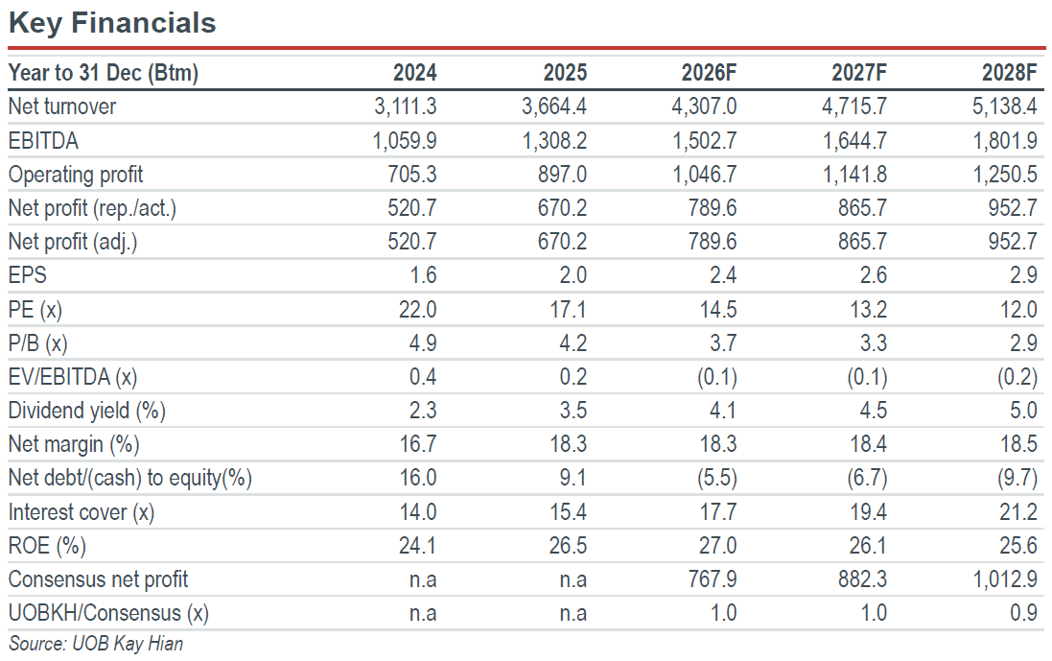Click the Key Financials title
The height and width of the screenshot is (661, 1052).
point(112,23)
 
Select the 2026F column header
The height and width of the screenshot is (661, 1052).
point(709,73)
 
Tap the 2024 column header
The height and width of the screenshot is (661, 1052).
point(414,73)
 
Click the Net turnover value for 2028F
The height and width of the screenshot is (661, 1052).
point(1004,106)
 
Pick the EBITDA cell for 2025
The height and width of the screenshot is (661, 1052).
point(554,140)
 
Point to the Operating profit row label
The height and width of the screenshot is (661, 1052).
point(75,175)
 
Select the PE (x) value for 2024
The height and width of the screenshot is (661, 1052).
point(417,309)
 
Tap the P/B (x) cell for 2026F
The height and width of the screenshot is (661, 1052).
point(722,342)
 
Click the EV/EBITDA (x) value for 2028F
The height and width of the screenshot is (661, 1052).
point(1017,376)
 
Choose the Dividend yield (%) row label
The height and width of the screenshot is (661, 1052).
point(86,410)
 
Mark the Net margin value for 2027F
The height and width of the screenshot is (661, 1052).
point(868,443)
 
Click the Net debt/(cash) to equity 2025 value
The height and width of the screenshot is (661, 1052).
point(573,478)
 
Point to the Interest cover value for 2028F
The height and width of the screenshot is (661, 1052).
point(1017,512)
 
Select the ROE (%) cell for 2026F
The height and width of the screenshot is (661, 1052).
point(717,546)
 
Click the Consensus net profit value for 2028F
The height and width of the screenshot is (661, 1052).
point(1005,579)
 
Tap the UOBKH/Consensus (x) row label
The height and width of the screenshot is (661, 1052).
point(108,613)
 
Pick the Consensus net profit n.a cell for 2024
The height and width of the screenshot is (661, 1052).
point(423,579)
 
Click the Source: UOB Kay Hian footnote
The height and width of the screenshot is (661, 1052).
point(95,644)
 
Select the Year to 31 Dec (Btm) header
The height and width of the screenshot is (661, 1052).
point(104,73)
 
